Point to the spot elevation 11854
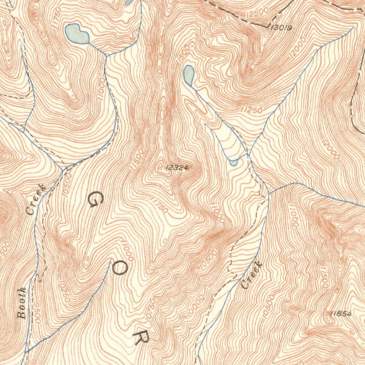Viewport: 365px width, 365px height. click(341, 314)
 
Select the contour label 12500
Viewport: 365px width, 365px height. click(257, 14)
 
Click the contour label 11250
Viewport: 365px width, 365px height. click(251, 110)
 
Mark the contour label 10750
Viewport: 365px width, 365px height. click(151, 308)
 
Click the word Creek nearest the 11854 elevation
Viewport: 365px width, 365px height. click(252, 275)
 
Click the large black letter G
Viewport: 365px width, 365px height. click(95, 200)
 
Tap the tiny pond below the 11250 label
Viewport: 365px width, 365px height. click(233, 163)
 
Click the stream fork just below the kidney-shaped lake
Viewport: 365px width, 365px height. click(106, 55)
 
